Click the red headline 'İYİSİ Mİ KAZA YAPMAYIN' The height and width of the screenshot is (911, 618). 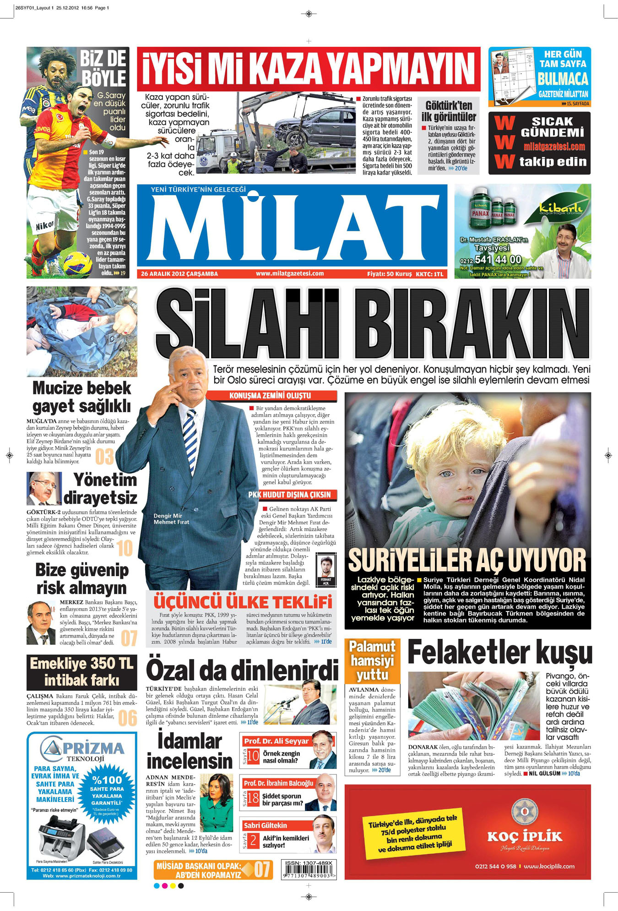(309, 69)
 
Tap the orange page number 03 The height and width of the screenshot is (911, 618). (104, 457)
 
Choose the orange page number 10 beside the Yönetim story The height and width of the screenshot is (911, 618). (125, 548)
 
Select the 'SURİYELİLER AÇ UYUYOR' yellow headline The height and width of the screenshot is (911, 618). (467, 560)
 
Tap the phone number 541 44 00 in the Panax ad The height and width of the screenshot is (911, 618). (498, 260)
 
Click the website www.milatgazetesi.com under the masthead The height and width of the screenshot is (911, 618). (290, 273)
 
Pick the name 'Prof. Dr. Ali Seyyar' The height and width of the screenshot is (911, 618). (276, 741)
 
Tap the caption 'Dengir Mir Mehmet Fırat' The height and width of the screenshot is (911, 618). (171, 519)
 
